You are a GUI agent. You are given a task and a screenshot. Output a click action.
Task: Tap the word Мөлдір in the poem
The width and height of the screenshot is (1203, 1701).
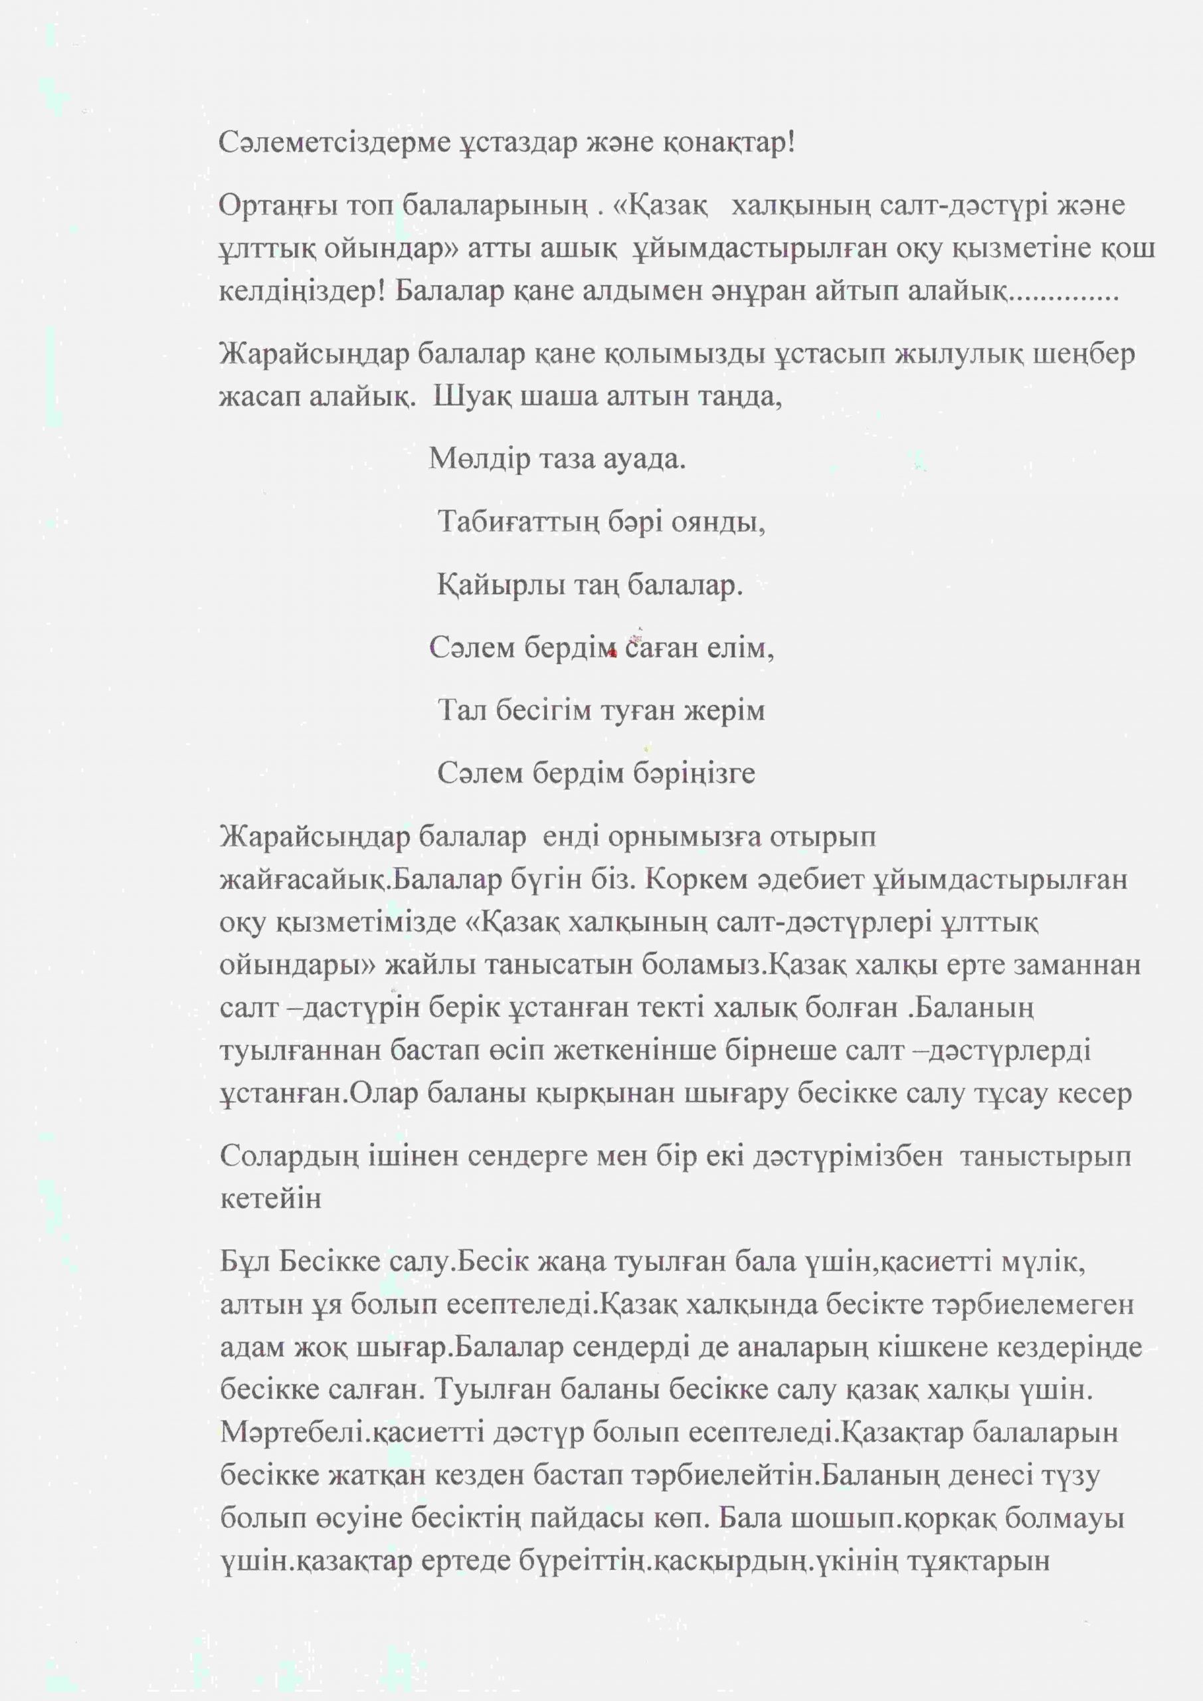click(x=471, y=460)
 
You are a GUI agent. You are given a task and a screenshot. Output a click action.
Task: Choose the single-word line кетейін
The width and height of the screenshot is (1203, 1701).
click(x=270, y=1199)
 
